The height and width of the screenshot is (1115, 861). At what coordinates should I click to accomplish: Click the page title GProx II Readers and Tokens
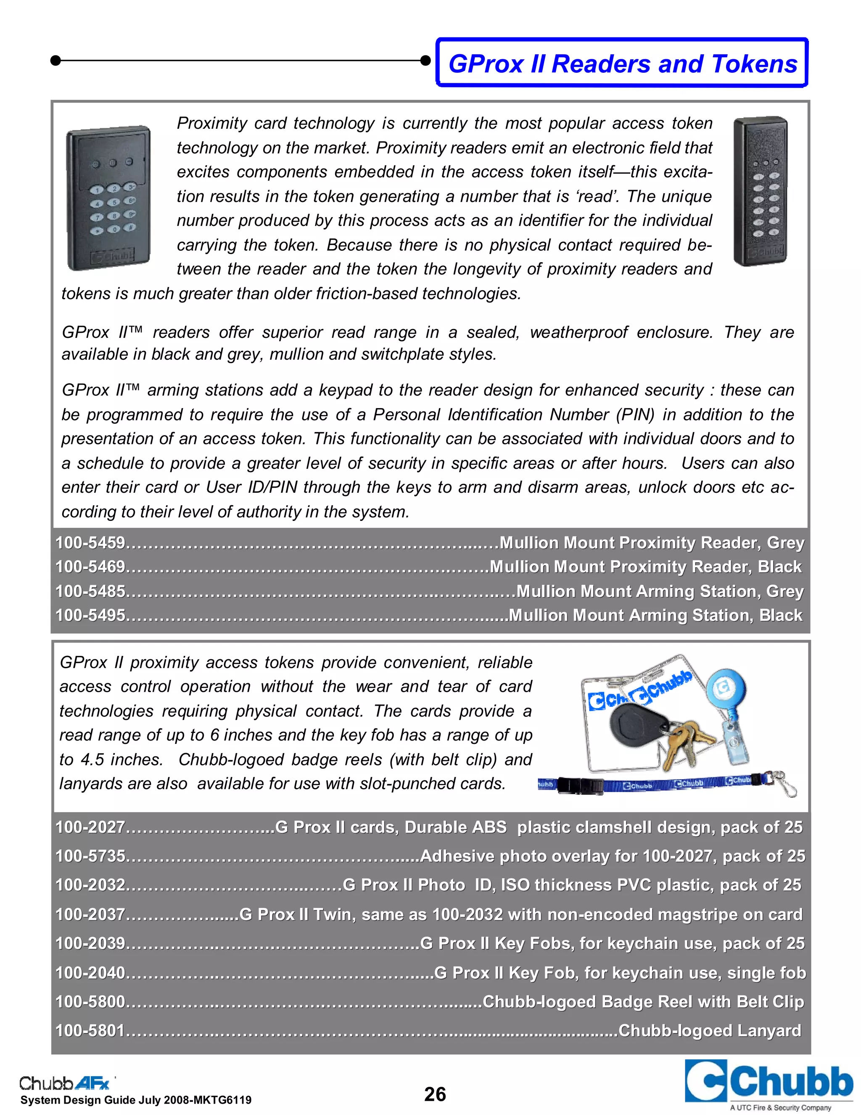(x=622, y=64)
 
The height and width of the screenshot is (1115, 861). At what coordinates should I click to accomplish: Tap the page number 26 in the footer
(x=435, y=1094)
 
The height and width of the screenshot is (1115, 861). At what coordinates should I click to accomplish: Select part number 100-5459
(x=90, y=543)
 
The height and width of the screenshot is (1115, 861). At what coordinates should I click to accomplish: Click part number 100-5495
(x=90, y=615)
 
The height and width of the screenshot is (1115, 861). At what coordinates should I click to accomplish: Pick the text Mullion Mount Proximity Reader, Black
(x=645, y=567)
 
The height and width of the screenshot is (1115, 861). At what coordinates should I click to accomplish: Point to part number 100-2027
(x=90, y=827)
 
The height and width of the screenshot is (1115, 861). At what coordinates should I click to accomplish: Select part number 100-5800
(x=90, y=1002)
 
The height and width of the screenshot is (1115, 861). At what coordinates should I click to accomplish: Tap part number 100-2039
(x=90, y=943)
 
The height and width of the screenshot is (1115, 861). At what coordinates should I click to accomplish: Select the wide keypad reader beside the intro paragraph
(x=108, y=198)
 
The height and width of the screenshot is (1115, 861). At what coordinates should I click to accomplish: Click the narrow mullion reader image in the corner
(x=760, y=191)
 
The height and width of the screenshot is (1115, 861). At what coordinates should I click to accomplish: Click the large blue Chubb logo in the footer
(x=768, y=1082)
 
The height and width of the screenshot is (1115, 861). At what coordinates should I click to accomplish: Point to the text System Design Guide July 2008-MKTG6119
(x=136, y=1100)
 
